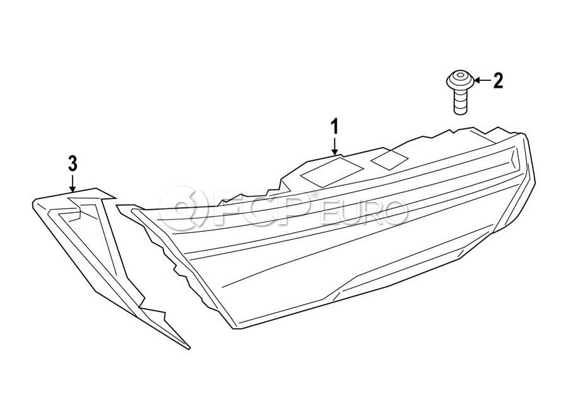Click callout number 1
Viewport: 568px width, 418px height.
(x=335, y=128)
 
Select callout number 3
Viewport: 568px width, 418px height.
(x=73, y=164)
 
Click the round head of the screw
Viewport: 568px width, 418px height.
(x=461, y=81)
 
